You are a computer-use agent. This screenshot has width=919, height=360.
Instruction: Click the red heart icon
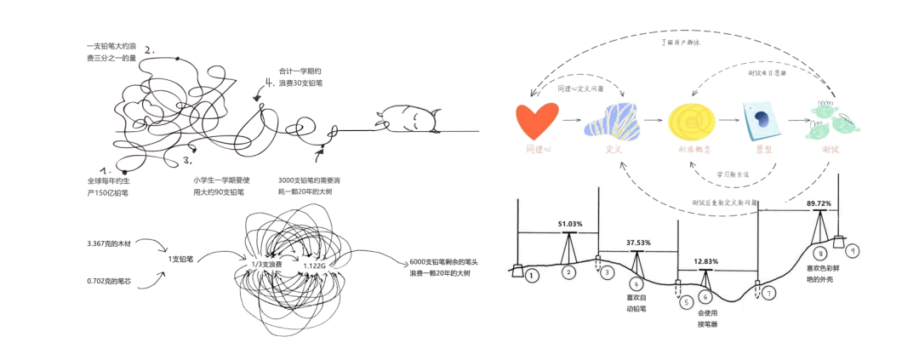[x=539, y=120]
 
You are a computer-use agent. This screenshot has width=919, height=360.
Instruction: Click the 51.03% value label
[x=570, y=224]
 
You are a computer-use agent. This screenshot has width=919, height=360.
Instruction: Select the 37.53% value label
[x=637, y=243]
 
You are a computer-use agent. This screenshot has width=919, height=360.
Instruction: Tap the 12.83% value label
[x=705, y=261]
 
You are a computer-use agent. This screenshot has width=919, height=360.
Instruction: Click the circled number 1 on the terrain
[x=532, y=276]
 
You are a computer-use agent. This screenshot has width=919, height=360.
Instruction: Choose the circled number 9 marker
[x=850, y=251]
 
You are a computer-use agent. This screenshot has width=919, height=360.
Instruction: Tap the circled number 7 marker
[x=769, y=294]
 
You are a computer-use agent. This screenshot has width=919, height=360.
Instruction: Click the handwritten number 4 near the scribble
[x=270, y=83]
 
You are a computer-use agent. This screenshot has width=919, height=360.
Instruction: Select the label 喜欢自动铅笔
[x=636, y=304]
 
